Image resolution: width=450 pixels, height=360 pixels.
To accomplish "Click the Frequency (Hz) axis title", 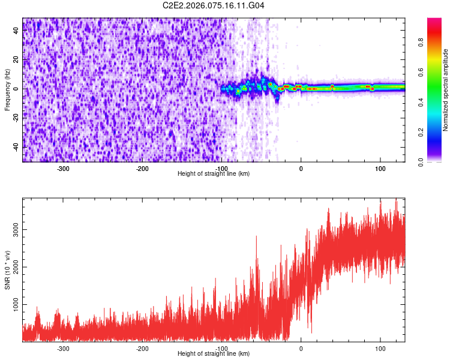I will (7, 89).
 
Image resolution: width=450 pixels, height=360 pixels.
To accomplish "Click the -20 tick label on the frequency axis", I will (16, 118).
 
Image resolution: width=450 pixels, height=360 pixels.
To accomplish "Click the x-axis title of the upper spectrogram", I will (214, 174).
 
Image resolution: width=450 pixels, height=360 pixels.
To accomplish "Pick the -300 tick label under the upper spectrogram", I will (63, 169).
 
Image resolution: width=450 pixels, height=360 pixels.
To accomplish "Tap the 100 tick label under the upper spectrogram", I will (380, 169).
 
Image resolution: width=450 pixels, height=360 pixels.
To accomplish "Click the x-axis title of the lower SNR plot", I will (214, 354).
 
